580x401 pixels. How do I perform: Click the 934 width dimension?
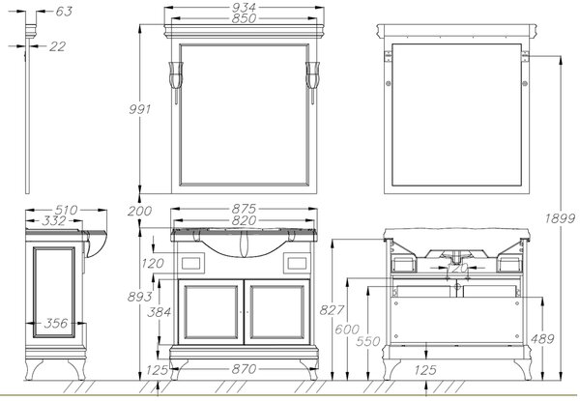pos(245,8)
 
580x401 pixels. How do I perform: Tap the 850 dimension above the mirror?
pos(245,18)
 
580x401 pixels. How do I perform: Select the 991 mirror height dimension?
pos(140,109)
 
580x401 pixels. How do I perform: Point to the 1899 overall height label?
pos(560,218)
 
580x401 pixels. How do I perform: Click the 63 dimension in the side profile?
pos(64,12)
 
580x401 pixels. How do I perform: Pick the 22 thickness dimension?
pos(58,46)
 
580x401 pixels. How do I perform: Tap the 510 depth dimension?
pos(67,210)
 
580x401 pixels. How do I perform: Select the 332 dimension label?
pos(54,221)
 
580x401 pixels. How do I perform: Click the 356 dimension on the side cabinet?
pos(56,324)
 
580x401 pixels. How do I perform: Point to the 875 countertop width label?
pos(244,209)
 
